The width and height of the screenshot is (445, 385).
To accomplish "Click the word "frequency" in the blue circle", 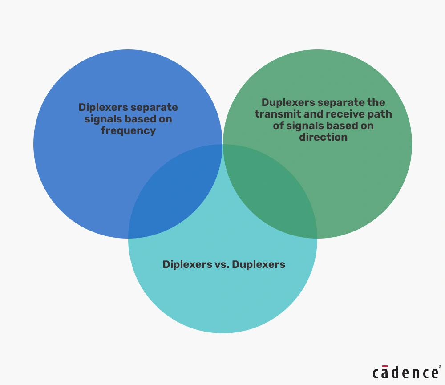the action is pyautogui.click(x=128, y=131).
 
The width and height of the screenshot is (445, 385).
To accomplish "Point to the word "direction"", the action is pyautogui.click(x=323, y=137).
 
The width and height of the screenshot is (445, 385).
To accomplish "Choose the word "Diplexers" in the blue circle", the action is pyautogui.click(x=103, y=107).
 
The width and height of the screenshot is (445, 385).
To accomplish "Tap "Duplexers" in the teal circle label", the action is pyautogui.click(x=259, y=264).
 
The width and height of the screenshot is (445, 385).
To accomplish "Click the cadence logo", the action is pyautogui.click(x=405, y=373).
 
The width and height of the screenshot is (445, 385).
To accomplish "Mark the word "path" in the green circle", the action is pyautogui.click(x=381, y=114).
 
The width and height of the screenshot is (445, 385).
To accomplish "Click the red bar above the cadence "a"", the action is pyautogui.click(x=385, y=366).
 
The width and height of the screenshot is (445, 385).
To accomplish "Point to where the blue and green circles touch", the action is pyautogui.click(x=222, y=144).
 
